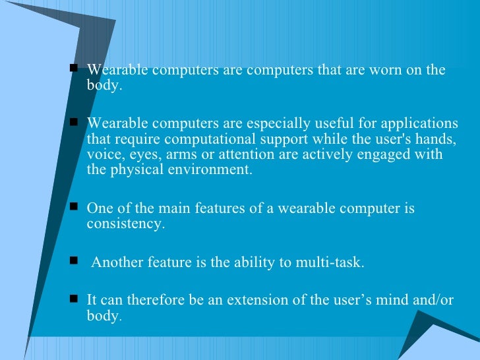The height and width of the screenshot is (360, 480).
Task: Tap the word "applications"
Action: click(421, 123)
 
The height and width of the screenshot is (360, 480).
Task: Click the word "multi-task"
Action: click(331, 262)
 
